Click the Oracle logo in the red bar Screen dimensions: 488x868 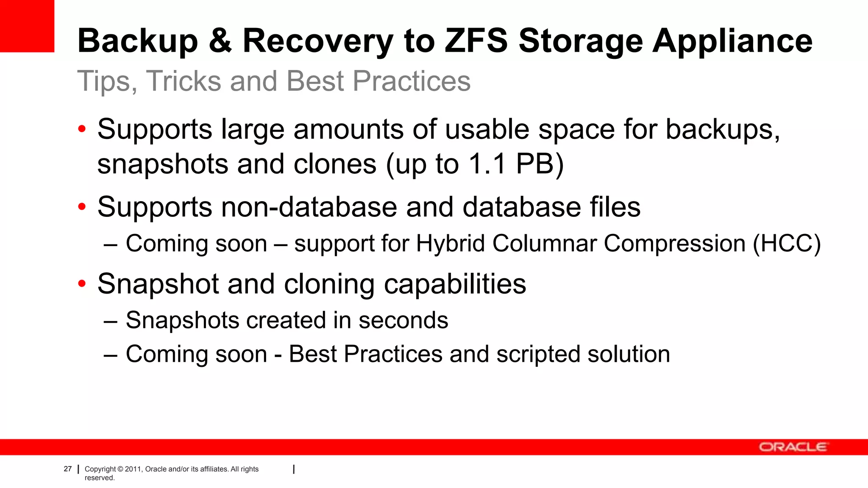(x=793, y=447)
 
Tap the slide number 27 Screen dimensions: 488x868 (x=68, y=469)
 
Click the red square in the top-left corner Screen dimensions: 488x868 (x=27, y=26)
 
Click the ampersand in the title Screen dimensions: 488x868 (x=220, y=41)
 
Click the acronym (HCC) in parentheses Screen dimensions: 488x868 (x=787, y=244)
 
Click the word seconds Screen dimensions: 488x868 (x=403, y=320)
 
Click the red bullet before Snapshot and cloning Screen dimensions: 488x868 (x=82, y=283)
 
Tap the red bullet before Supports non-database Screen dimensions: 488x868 (x=82, y=207)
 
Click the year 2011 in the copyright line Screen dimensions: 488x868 (x=133, y=469)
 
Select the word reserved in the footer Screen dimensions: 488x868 (x=99, y=478)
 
